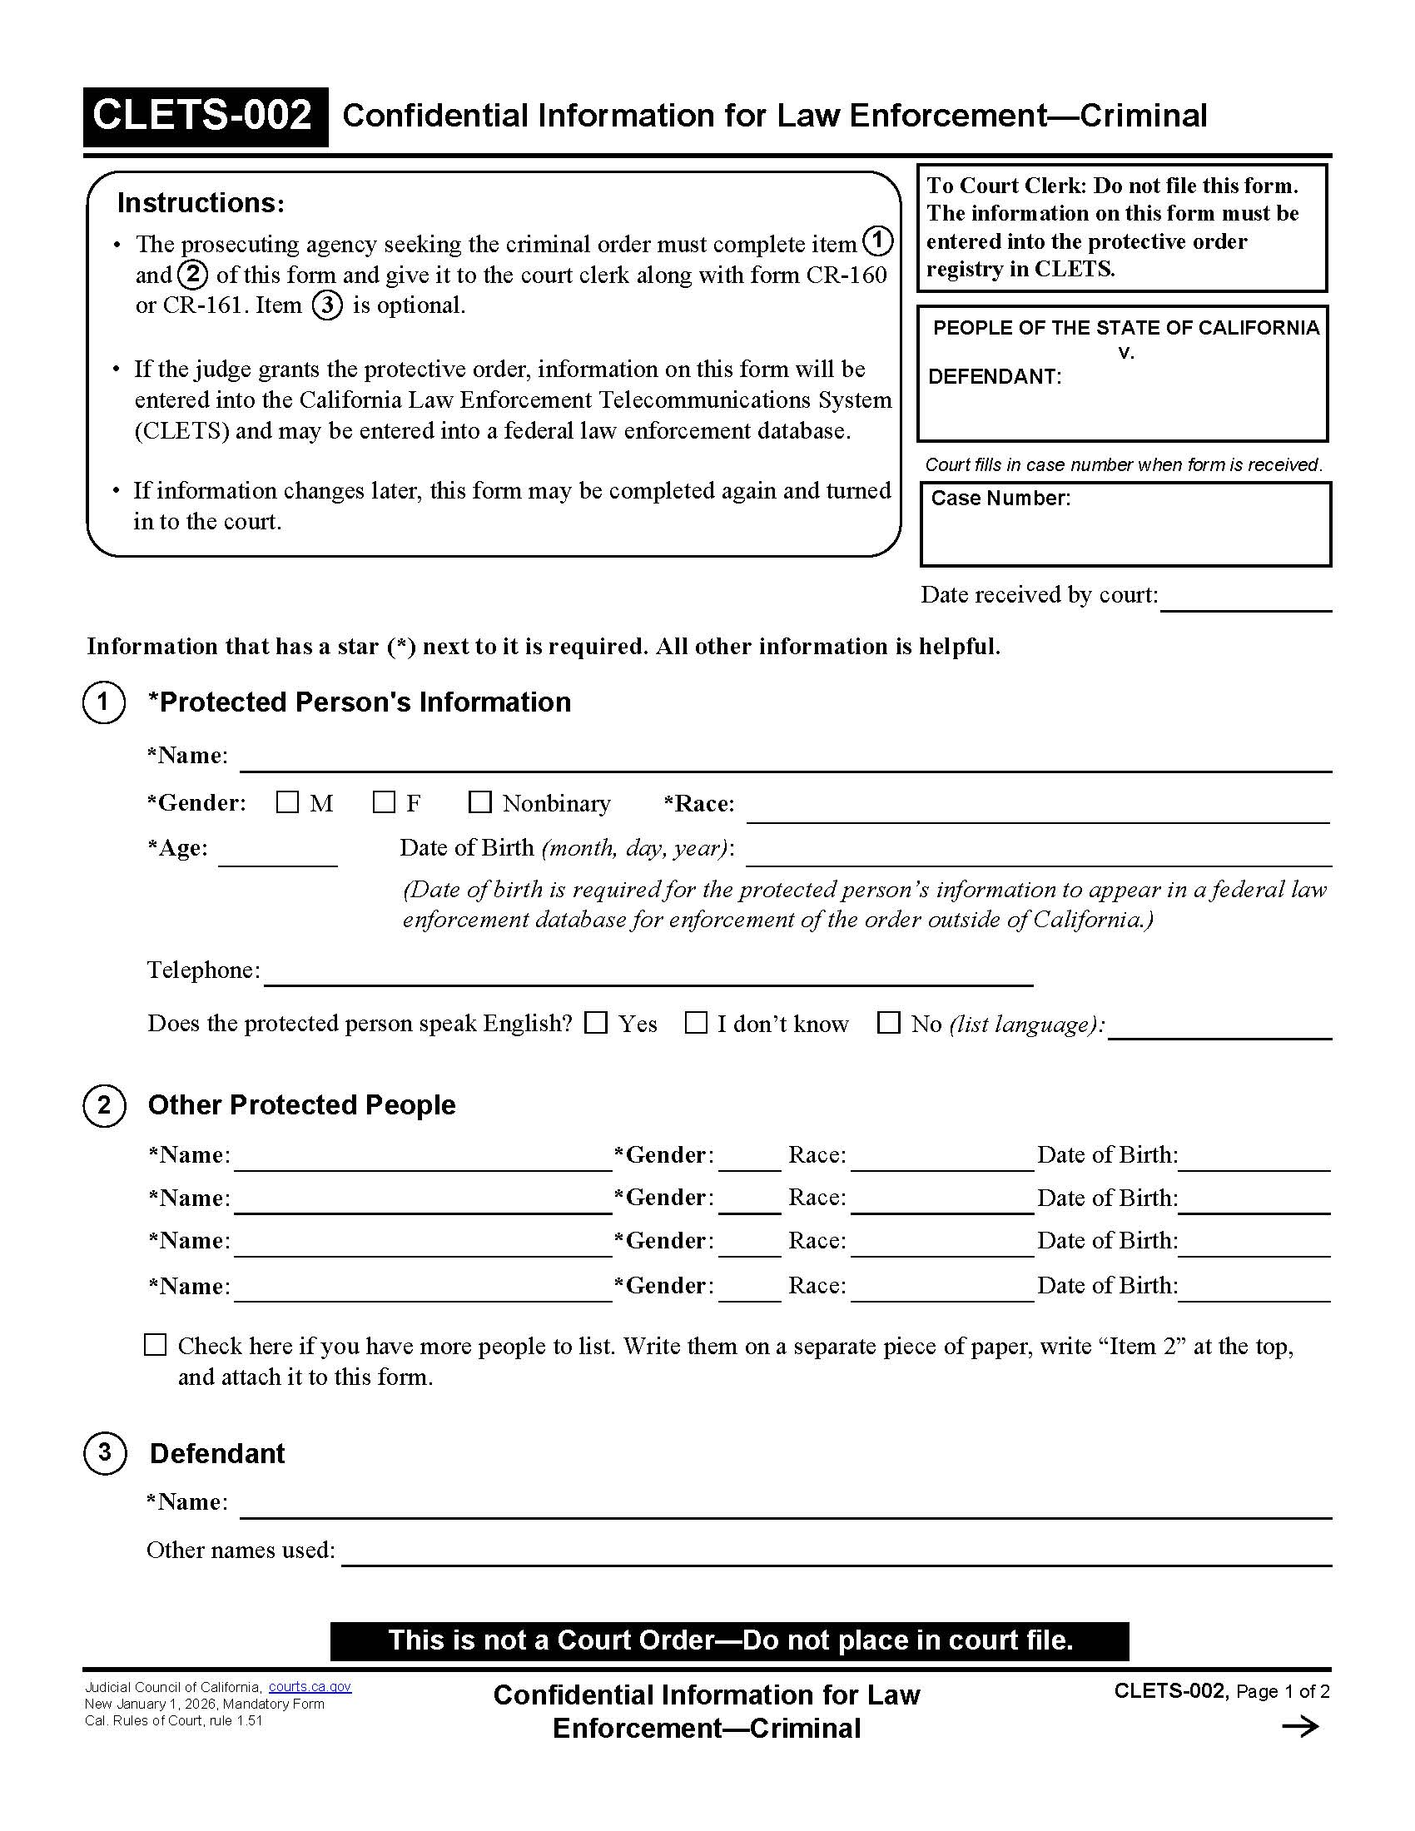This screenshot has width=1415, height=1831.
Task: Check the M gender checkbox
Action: pos(286,802)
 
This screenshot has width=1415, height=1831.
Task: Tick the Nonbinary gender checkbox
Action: pos(479,802)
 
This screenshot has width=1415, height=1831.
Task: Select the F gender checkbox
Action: pos(384,802)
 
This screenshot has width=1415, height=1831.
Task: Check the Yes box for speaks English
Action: pos(596,1023)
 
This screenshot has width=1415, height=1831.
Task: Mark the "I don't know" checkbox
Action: pos(696,1023)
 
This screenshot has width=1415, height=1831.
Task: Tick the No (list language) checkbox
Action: pos(889,1023)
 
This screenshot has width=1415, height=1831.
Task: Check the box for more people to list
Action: pos(155,1345)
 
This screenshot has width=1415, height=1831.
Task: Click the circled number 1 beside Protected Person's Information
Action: pos(104,702)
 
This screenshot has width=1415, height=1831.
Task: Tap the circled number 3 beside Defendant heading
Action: pos(105,1452)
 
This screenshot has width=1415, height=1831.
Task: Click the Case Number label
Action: pos(1000,499)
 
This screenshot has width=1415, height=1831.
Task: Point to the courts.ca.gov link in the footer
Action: pos(310,1687)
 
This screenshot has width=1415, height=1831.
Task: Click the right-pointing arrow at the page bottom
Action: pos(1300,1727)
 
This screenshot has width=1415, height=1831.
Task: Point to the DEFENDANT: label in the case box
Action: pos(994,377)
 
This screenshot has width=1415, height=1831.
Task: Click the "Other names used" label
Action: pos(241,1551)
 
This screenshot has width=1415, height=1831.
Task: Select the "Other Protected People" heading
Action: pos(301,1105)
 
